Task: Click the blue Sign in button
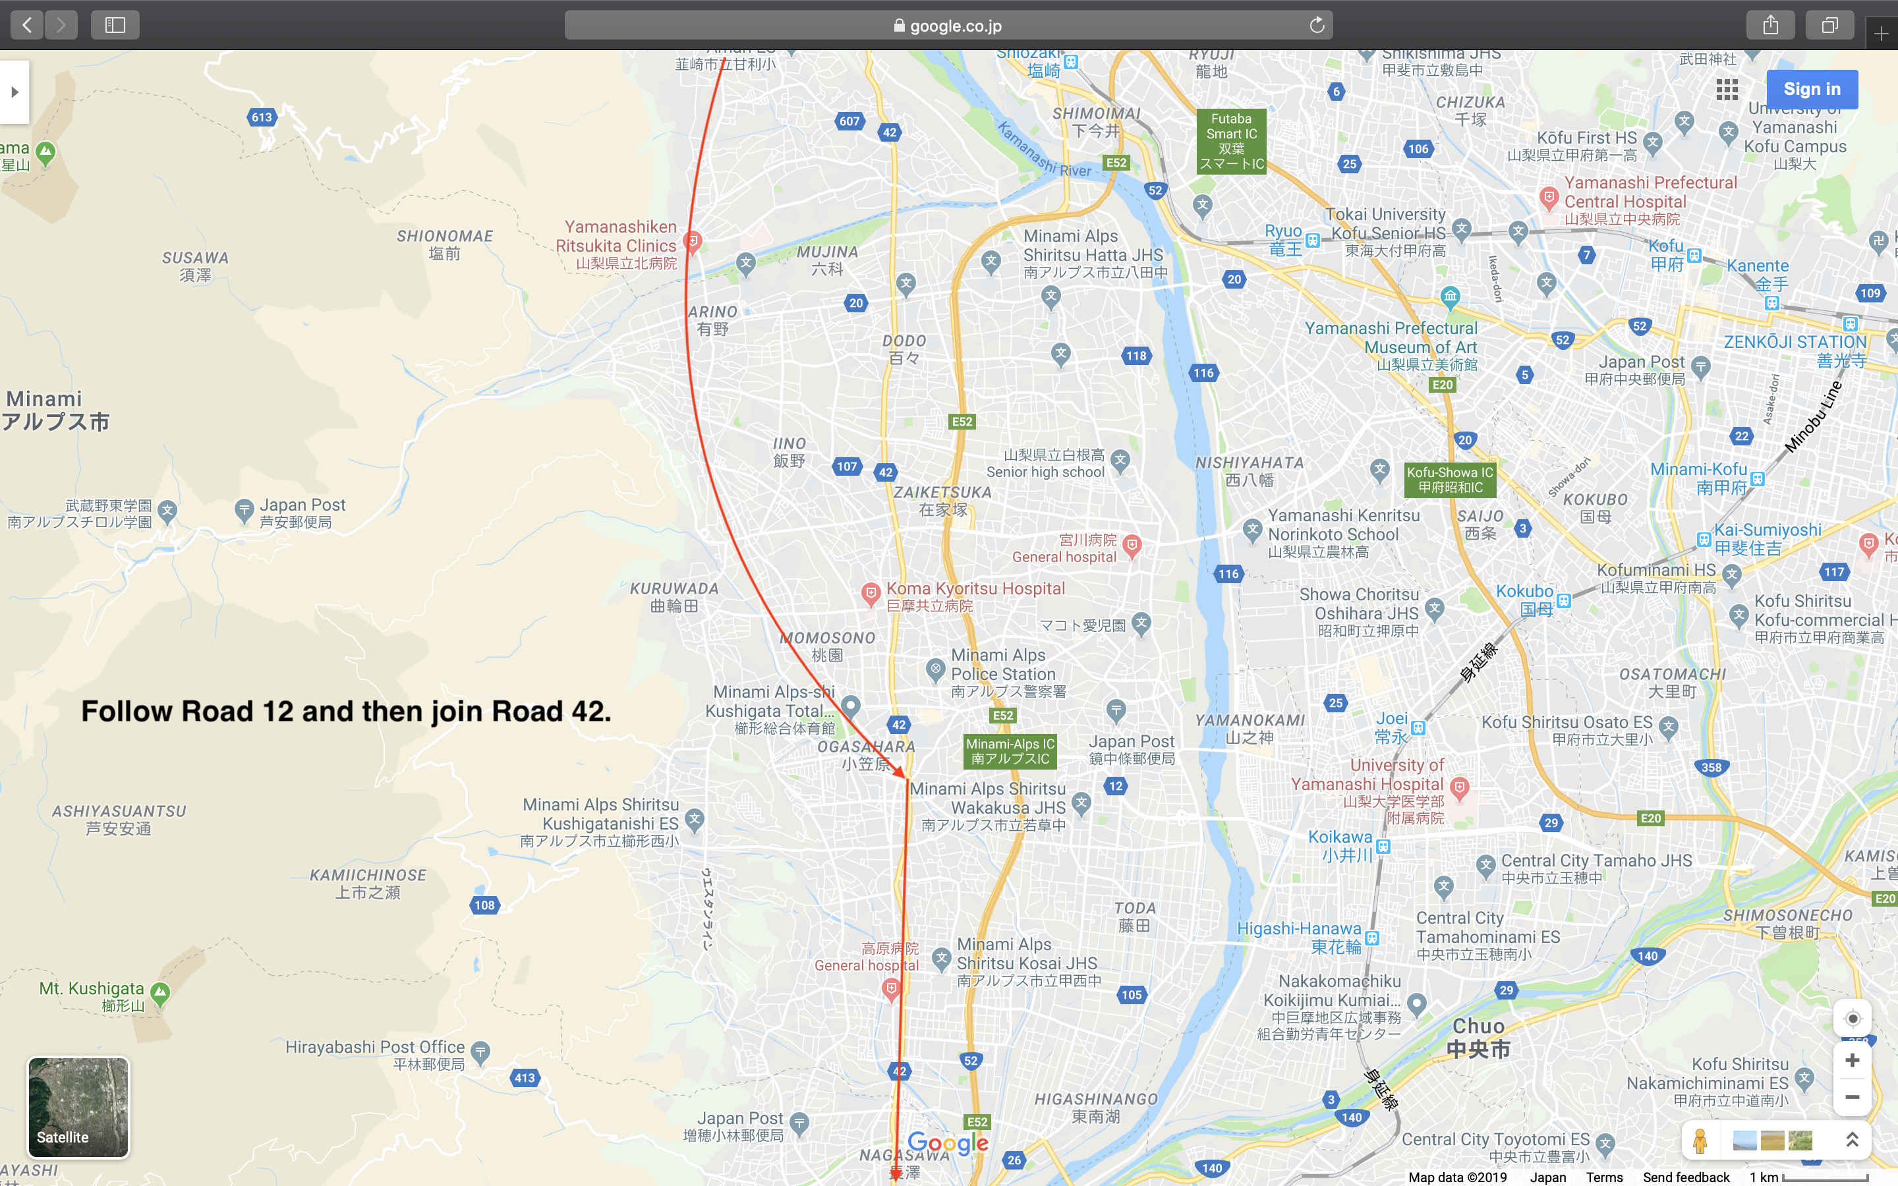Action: (x=1812, y=90)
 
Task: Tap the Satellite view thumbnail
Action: (x=78, y=1107)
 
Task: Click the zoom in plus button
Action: (x=1853, y=1061)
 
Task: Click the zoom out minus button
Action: (x=1853, y=1096)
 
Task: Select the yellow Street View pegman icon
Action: (x=1700, y=1141)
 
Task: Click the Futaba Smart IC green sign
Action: (x=1231, y=141)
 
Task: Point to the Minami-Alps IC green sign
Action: (x=1010, y=751)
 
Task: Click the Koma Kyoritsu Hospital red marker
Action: (x=870, y=594)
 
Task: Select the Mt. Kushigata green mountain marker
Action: (x=160, y=993)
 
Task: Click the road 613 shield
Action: (x=261, y=118)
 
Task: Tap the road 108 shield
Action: (x=484, y=905)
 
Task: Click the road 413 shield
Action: (x=525, y=1078)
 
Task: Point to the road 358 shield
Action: (x=1711, y=767)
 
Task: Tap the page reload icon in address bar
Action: (x=1317, y=25)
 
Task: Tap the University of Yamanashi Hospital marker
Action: (x=1459, y=787)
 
